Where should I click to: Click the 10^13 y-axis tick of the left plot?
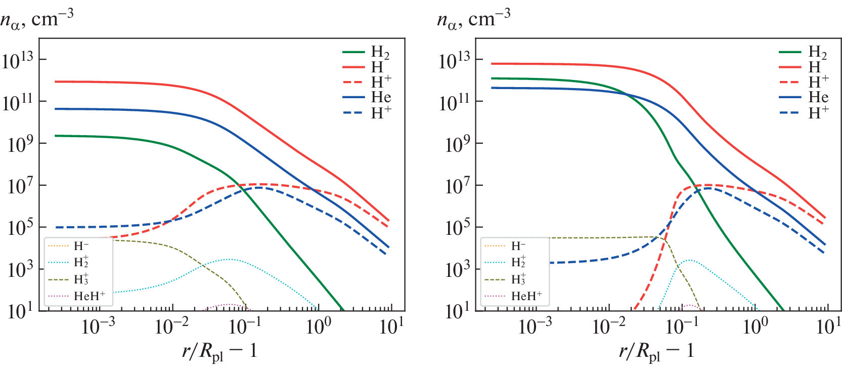(18, 61)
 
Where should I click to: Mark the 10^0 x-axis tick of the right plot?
(756, 326)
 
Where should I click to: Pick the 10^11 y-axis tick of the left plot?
(18, 103)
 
